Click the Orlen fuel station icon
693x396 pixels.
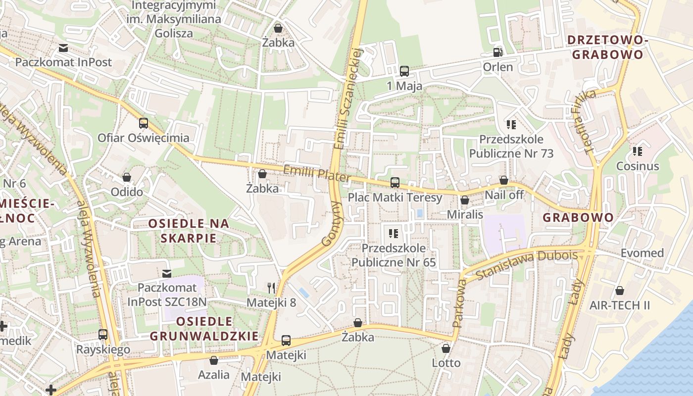497,52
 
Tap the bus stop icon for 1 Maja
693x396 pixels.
404,71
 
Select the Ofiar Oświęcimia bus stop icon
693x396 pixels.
144,123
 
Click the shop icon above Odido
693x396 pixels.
127,177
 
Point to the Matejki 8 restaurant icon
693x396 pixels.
271,288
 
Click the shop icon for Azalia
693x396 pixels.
214,360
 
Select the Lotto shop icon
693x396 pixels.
446,348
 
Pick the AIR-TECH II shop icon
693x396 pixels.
619,291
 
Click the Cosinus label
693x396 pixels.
638,166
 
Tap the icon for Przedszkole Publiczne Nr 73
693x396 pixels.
511,125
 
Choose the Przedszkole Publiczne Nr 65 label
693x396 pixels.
394,255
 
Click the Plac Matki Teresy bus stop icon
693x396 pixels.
395,183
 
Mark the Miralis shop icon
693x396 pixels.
465,200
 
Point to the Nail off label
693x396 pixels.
504,195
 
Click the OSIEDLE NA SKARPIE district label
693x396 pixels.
189,231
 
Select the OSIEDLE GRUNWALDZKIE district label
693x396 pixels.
204,329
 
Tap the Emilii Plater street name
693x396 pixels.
317,174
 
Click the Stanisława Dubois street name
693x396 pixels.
526,265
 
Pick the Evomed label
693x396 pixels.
642,253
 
